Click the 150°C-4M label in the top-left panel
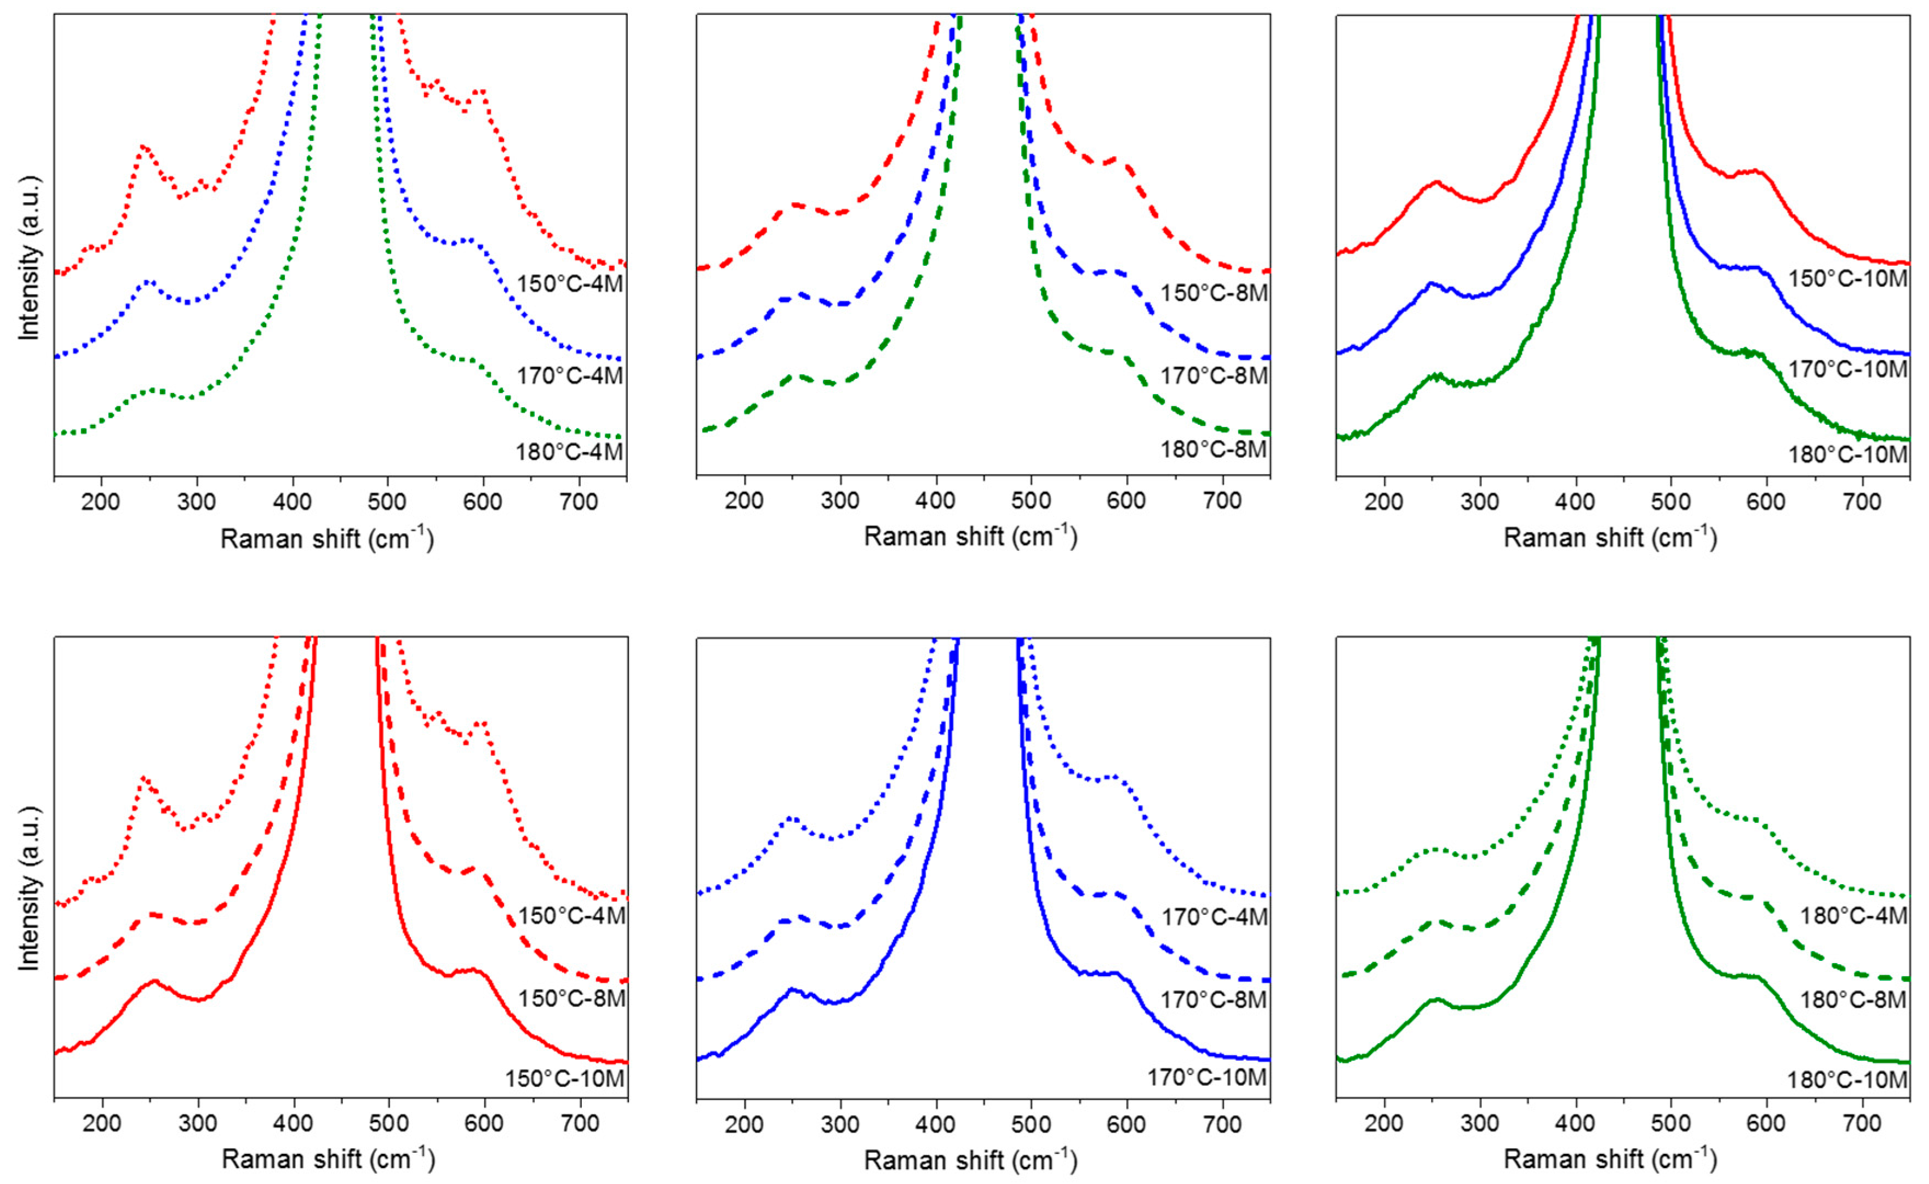point(569,283)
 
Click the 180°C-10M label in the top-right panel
point(1847,455)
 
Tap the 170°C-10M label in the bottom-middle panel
point(1206,1078)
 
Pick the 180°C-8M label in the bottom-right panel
point(1852,999)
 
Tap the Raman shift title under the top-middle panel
point(970,537)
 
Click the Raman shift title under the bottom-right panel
point(1610,1159)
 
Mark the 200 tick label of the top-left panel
point(102,502)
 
